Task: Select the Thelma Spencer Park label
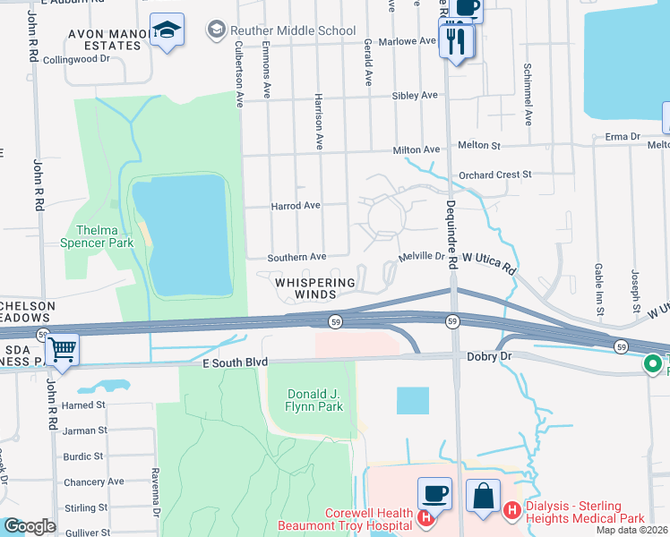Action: (90, 235)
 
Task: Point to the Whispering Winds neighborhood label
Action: (314, 288)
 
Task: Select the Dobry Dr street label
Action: (489, 355)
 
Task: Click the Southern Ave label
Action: (298, 257)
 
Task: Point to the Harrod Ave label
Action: (295, 205)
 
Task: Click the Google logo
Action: (29, 526)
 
